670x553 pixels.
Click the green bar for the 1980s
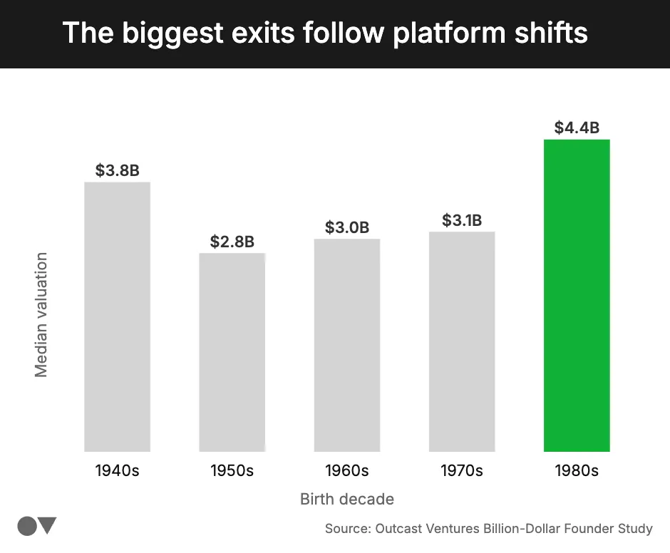[x=577, y=296]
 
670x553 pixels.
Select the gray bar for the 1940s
[x=117, y=317]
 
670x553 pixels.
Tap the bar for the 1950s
[x=232, y=352]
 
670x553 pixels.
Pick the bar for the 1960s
[x=347, y=345]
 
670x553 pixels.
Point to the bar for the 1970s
[x=462, y=341]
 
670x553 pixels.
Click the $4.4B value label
[x=577, y=128]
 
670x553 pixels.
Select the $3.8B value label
[x=117, y=171]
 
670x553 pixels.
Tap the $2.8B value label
[x=232, y=242]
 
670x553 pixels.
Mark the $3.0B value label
[x=347, y=227]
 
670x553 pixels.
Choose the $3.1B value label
[x=462, y=221]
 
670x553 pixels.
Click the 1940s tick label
[x=117, y=471]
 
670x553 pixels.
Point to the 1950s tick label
[x=232, y=471]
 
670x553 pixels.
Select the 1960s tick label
[x=347, y=471]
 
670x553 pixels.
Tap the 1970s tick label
[x=462, y=471]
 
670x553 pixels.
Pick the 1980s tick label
[x=577, y=471]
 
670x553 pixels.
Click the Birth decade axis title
[x=347, y=499]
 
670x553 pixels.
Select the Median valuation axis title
[x=41, y=314]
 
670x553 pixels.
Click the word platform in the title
[x=440, y=33]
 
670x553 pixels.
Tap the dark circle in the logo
[x=27, y=527]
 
